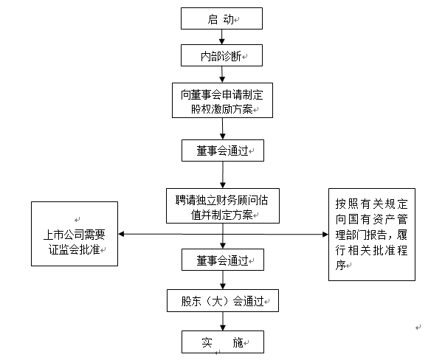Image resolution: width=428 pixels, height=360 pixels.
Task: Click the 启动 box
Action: tap(221, 18)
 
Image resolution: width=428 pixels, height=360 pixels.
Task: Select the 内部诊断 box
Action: tap(221, 55)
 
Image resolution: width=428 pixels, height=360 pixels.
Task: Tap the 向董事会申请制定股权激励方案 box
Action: tap(222, 100)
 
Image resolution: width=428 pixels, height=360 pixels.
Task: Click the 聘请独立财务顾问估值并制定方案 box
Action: tap(223, 206)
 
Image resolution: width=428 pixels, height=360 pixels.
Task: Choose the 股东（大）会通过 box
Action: tap(223, 301)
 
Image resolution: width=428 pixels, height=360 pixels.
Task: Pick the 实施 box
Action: tap(223, 342)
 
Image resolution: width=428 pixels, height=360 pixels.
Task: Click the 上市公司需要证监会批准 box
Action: tap(75, 234)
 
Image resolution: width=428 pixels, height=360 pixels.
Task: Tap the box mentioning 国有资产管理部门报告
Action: tap(372, 235)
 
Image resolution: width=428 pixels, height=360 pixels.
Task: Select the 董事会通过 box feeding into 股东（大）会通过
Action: tap(223, 260)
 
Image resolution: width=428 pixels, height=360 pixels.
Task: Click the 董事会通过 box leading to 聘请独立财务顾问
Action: tap(223, 150)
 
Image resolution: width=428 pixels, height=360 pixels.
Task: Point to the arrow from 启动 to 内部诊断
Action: tap(221, 37)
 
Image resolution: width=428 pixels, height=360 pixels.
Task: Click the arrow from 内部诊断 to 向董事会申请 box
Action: tap(222, 75)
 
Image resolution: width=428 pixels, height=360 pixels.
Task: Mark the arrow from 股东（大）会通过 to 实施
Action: tap(223, 321)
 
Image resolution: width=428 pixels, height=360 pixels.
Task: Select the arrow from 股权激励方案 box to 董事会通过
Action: tap(222, 129)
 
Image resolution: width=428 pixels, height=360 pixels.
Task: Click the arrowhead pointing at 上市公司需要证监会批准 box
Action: tap(121, 234)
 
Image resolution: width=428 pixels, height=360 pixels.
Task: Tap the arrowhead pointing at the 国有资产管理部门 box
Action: tap(325, 234)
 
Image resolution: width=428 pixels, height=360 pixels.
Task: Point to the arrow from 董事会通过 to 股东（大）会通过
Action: tap(223, 280)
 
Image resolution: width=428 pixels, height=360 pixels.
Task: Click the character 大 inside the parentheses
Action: tap(218, 301)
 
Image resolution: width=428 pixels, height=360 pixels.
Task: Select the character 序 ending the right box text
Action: tap(340, 265)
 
